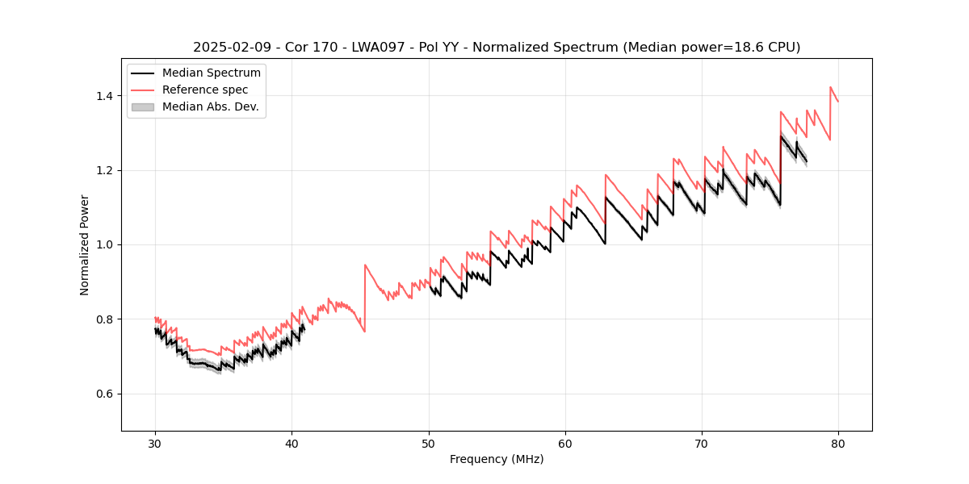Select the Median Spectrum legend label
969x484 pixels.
(211, 73)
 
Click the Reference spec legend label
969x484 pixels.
(205, 90)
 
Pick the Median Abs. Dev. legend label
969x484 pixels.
(210, 106)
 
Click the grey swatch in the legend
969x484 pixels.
(142, 106)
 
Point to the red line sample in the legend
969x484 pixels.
(142, 90)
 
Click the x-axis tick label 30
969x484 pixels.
(155, 444)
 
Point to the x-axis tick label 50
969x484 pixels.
(428, 444)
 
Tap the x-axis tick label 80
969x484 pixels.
(838, 444)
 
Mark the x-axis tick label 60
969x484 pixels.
(565, 444)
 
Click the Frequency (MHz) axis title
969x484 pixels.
(497, 459)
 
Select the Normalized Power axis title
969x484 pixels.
(85, 244)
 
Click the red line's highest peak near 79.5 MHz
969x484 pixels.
(830, 87)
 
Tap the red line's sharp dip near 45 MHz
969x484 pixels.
(364, 331)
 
